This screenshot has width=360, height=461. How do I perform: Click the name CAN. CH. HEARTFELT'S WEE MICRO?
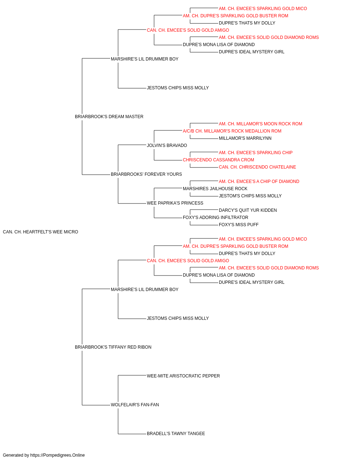pos(40,232)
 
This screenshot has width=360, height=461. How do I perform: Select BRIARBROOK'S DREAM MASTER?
pos(109,117)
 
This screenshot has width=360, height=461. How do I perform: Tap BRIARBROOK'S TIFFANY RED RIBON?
pos(113,347)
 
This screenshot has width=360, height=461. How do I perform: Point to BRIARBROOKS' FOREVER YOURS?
pos(146,174)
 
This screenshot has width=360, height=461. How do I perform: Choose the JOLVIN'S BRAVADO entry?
pos(167,145)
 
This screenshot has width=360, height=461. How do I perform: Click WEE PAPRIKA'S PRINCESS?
pos(175,203)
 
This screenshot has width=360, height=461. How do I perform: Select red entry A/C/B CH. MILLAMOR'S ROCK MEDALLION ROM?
pos(232,131)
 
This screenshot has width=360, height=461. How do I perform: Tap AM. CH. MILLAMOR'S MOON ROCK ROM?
pos(260,124)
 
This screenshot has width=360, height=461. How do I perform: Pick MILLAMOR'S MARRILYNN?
pos(245,138)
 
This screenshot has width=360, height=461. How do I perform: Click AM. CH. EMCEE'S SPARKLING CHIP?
pos(256,153)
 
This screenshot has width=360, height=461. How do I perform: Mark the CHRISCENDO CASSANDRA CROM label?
pos(219,160)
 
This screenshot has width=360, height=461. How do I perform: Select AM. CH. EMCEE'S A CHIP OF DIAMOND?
pos(259,182)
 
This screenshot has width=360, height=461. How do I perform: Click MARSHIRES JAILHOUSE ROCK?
pos(215,189)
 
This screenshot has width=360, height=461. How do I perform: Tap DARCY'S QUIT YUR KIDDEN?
pos(248,210)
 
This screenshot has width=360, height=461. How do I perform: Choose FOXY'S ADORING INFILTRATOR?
pos(215,218)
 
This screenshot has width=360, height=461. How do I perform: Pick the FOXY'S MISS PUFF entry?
pos(239,225)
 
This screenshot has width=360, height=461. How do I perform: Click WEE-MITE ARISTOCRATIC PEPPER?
pos(183,376)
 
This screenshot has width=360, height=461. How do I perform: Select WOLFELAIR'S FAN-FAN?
pos(135,405)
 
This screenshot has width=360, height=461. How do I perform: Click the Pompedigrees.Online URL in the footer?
pos(57,455)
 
